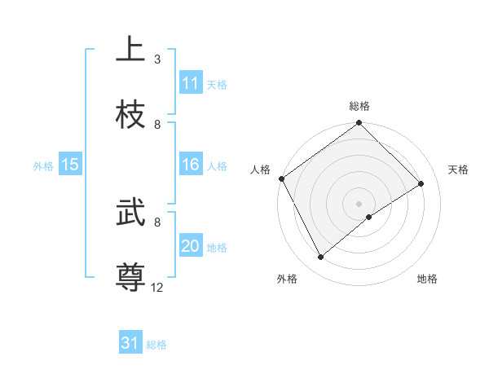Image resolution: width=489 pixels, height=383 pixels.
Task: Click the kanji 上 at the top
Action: click(x=130, y=49)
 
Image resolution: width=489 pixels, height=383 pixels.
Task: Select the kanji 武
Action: click(x=130, y=214)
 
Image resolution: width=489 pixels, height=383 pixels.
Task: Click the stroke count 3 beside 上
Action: click(x=157, y=59)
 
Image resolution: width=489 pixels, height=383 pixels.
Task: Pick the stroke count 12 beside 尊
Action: click(x=157, y=287)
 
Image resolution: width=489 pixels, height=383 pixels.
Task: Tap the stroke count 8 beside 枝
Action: click(x=157, y=125)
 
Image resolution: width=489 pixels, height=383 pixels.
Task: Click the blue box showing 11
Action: click(x=191, y=83)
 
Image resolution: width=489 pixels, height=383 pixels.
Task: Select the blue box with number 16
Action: click(x=191, y=165)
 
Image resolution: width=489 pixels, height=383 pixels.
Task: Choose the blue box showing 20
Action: click(x=191, y=246)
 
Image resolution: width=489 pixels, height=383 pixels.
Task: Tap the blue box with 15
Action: click(x=70, y=165)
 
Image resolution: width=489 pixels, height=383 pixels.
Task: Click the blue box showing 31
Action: click(x=130, y=343)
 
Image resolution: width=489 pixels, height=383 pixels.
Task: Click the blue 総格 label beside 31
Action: click(x=156, y=345)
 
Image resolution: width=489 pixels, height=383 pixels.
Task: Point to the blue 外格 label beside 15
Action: click(x=43, y=166)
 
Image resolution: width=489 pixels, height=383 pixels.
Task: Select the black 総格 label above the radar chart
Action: click(x=359, y=106)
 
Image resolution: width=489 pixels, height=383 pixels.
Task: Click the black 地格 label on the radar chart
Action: click(x=427, y=279)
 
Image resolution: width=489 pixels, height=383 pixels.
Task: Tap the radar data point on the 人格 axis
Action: click(x=281, y=178)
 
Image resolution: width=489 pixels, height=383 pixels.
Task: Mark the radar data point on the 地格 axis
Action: click(x=369, y=216)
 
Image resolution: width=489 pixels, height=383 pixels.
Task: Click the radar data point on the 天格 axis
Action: click(x=421, y=184)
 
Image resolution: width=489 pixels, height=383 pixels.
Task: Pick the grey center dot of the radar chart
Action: click(x=359, y=203)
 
